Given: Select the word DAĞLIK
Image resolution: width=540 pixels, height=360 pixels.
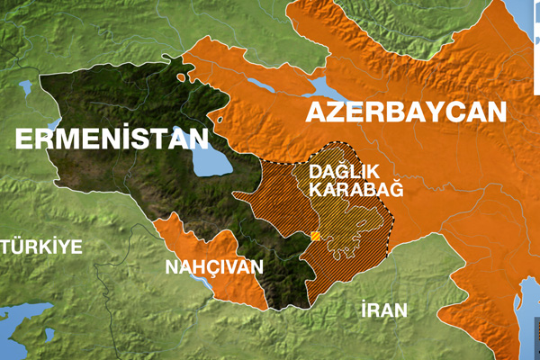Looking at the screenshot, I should [x=340, y=170].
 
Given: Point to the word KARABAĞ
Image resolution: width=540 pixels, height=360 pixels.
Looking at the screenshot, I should [x=355, y=189].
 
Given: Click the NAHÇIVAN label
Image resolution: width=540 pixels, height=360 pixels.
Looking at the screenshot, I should [x=213, y=266].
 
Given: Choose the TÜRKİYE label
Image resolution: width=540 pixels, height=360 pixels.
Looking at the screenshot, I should [x=40, y=247].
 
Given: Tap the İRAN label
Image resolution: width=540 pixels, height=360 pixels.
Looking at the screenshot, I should [x=383, y=310].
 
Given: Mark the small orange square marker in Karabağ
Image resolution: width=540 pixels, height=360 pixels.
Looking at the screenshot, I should [x=315, y=237].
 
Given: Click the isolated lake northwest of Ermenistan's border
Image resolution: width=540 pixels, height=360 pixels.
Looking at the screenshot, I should [x=24, y=88].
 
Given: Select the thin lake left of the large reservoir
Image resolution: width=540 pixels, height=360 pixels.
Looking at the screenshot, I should [x=262, y=85].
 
